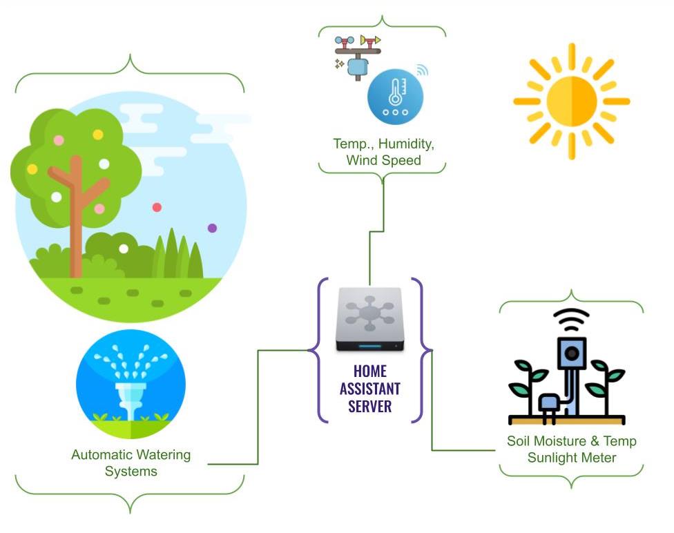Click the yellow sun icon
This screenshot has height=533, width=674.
(x=571, y=101)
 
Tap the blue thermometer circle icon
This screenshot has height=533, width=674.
(x=395, y=96)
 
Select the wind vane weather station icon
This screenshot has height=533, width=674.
(x=357, y=55)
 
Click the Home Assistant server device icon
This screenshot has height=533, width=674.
(x=369, y=318)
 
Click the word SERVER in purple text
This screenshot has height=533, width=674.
(x=369, y=406)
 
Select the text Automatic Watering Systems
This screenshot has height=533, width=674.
(x=131, y=463)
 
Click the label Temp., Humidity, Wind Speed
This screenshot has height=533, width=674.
(x=383, y=152)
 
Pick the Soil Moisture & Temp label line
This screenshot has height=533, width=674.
(x=571, y=441)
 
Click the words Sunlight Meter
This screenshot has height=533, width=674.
(x=571, y=457)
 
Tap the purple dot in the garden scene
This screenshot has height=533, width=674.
(x=212, y=228)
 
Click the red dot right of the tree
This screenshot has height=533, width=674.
(x=157, y=207)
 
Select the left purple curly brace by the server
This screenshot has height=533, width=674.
(x=318, y=350)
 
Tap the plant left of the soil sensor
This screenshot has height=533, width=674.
(x=530, y=387)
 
